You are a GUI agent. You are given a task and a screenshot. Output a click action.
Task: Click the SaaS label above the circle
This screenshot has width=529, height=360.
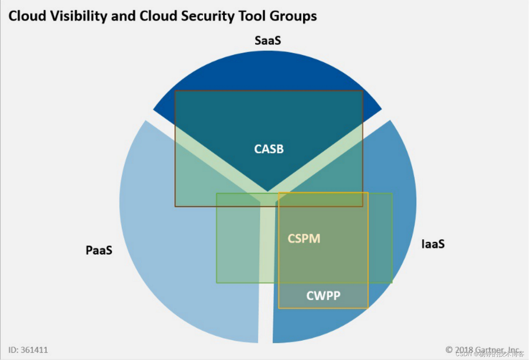267,41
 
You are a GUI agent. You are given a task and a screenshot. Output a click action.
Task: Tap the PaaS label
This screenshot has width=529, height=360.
99,250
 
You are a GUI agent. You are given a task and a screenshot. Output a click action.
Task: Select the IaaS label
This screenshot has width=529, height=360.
433,244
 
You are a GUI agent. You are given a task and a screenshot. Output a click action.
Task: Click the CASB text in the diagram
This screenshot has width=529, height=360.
269,149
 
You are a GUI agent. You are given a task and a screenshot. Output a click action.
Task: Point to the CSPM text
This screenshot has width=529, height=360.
304,239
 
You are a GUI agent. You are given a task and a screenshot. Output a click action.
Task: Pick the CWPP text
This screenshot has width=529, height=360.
323,296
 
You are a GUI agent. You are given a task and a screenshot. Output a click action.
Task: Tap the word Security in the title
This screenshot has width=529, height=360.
208,16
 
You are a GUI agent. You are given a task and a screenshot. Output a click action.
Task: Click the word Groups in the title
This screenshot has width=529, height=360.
293,16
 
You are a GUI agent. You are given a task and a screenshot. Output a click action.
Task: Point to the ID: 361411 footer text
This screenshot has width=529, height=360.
28,350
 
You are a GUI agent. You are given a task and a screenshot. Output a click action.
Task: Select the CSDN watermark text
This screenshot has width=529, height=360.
490,354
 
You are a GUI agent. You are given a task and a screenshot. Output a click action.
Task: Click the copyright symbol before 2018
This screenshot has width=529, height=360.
449,350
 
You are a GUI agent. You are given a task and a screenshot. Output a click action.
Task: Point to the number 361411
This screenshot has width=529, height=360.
34,350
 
